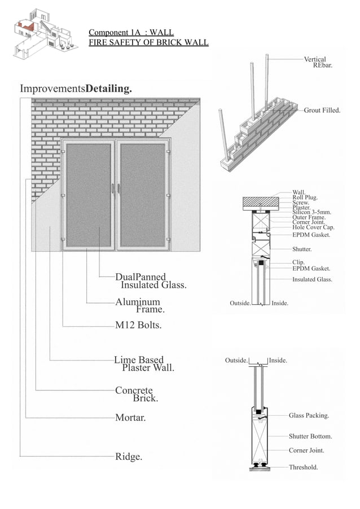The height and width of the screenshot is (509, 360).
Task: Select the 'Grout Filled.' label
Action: (x=322, y=110)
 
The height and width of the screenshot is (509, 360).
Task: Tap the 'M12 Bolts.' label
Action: (x=138, y=325)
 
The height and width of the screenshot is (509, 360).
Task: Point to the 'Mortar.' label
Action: (x=130, y=418)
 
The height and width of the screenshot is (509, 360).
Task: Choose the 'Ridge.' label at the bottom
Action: (x=129, y=457)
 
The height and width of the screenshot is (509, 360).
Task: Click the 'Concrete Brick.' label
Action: (x=135, y=394)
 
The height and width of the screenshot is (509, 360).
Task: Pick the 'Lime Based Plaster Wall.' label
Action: (x=143, y=363)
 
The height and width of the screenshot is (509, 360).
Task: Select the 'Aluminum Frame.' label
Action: (x=139, y=305)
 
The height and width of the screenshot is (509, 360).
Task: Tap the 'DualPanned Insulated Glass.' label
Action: (x=150, y=281)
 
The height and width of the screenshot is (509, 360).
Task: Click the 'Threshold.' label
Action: (x=303, y=467)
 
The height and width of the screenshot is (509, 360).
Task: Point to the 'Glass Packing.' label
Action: (x=309, y=415)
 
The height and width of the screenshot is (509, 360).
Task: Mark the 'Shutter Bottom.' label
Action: (x=310, y=436)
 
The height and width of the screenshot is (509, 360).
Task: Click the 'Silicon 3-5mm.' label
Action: (x=311, y=212)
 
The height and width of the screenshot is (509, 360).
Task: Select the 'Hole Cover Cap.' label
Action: (x=313, y=227)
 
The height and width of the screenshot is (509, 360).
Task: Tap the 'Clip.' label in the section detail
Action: (x=298, y=262)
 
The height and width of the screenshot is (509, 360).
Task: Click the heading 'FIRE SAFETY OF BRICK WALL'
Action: (x=148, y=42)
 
